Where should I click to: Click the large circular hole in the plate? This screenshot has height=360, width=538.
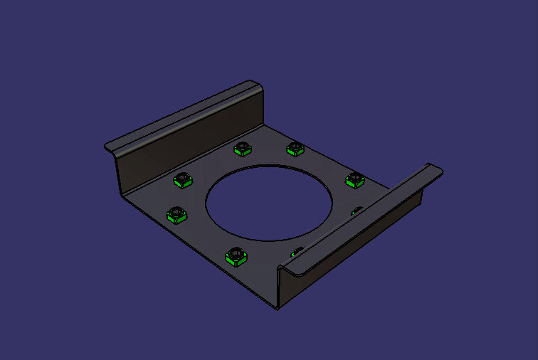(269, 203)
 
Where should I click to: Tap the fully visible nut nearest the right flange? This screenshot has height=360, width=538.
(354, 180)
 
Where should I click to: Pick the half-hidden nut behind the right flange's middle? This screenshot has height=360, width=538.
(357, 210)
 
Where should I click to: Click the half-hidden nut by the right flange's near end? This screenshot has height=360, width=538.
(295, 250)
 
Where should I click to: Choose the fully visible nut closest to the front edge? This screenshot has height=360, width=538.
(235, 256)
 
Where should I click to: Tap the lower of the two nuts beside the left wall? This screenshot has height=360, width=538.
(176, 213)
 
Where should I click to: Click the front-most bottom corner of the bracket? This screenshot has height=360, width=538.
(277, 307)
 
